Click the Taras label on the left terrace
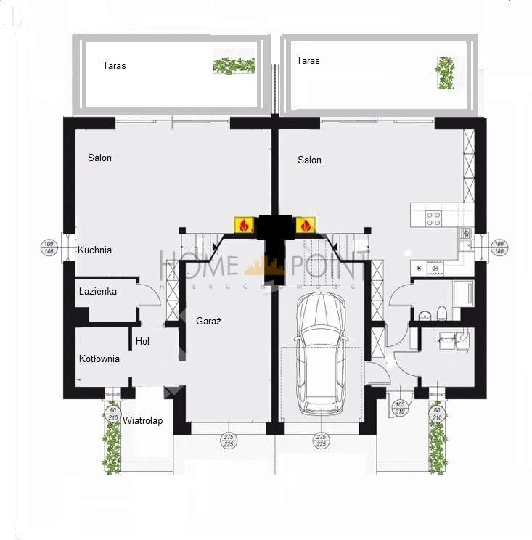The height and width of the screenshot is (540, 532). [114, 65]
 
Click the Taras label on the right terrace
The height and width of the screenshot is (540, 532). [308, 61]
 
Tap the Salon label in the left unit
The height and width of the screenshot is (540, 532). [99, 157]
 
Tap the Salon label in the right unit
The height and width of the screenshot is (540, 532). [309, 160]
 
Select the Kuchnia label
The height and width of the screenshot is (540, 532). [95, 250]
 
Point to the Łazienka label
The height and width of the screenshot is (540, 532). [97, 291]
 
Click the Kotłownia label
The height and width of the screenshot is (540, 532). [99, 359]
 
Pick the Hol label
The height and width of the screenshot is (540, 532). [142, 341]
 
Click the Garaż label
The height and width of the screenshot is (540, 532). [208, 321]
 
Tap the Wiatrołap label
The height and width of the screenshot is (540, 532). [142, 420]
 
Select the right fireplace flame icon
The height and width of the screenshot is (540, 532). [306, 226]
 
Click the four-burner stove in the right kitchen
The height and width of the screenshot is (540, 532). [433, 217]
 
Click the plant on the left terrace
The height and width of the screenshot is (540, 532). [234, 66]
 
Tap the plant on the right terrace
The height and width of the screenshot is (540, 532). [444, 73]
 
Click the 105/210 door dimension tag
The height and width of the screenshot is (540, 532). [400, 407]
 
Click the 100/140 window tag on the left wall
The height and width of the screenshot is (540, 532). [49, 247]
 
